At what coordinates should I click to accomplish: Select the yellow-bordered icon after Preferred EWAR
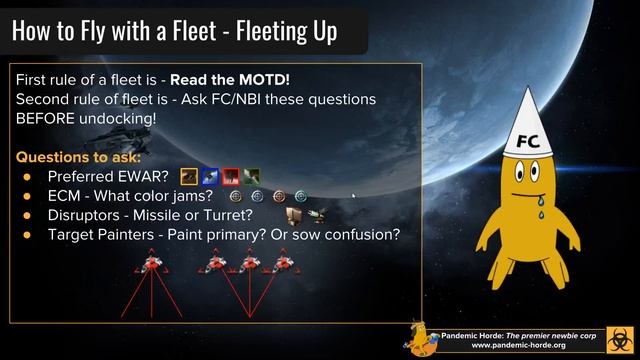click(188, 177)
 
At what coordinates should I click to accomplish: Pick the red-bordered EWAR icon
click(231, 177)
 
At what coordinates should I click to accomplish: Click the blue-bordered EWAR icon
click(210, 177)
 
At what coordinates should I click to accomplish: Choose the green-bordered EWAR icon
click(252, 177)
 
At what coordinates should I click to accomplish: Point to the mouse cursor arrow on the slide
click(355, 196)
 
